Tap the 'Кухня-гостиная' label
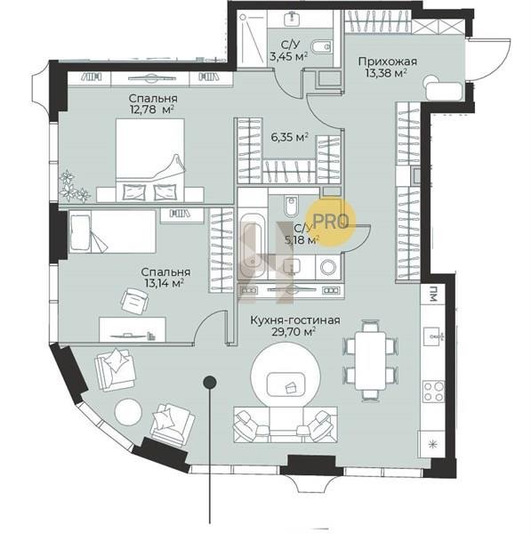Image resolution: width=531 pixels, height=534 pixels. pyautogui.click(x=295, y=320)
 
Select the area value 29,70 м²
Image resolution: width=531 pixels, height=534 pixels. pyautogui.click(x=293, y=332)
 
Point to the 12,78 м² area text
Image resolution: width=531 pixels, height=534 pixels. pyautogui.click(x=152, y=109)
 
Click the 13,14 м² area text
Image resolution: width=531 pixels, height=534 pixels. pyautogui.click(x=163, y=283)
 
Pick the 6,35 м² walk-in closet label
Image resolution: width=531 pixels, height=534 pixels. pyautogui.click(x=290, y=137)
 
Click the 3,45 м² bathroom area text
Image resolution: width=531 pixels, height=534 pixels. pyautogui.click(x=289, y=56)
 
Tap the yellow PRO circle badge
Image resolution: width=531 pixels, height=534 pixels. pyautogui.click(x=331, y=222)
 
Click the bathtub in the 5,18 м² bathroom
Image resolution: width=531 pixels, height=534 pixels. pyautogui.click(x=253, y=246)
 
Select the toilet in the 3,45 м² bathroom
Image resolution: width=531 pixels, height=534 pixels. pyautogui.click(x=322, y=46)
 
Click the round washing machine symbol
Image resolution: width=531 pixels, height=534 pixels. pyautogui.click(x=328, y=267)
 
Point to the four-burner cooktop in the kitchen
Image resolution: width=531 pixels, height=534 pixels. pyautogui.click(x=433, y=391)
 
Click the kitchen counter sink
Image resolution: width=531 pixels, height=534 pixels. pyautogui.click(x=434, y=336)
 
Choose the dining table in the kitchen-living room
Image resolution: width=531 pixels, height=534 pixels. pyautogui.click(x=371, y=361)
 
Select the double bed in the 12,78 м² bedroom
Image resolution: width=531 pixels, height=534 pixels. pyautogui.click(x=150, y=159)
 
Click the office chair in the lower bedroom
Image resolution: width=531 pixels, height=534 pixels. pyautogui.click(x=135, y=301)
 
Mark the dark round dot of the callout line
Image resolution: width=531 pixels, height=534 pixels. pyautogui.click(x=210, y=382)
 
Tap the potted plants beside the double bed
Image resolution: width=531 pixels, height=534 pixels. pyautogui.click(x=73, y=187)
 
